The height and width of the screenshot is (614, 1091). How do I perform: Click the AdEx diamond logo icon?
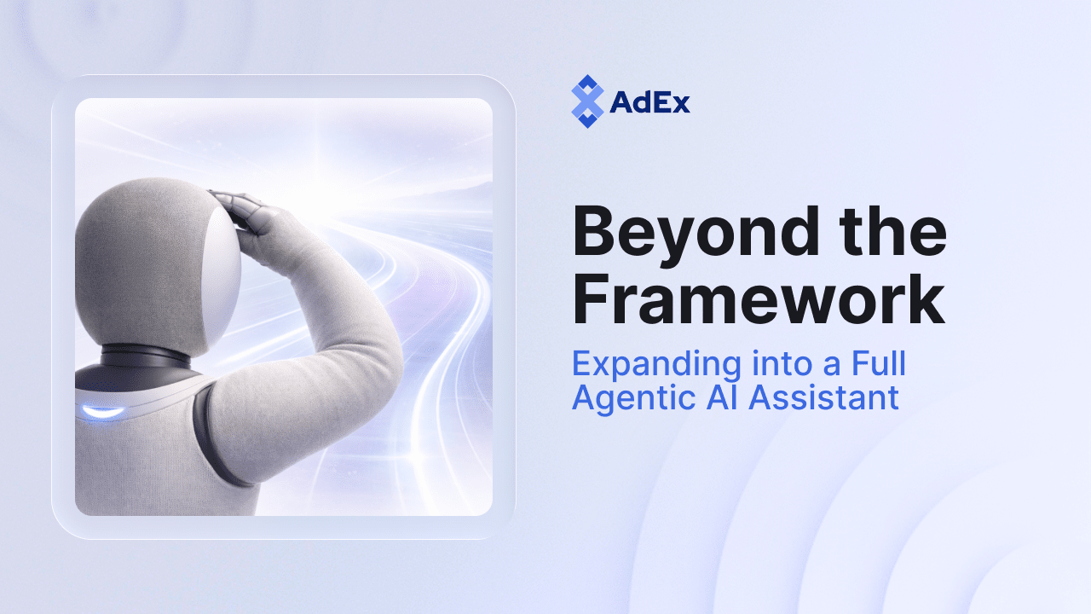(x=586, y=101)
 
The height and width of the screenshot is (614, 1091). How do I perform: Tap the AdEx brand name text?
(x=650, y=102)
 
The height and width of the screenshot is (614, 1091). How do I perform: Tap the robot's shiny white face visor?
(x=223, y=264)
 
